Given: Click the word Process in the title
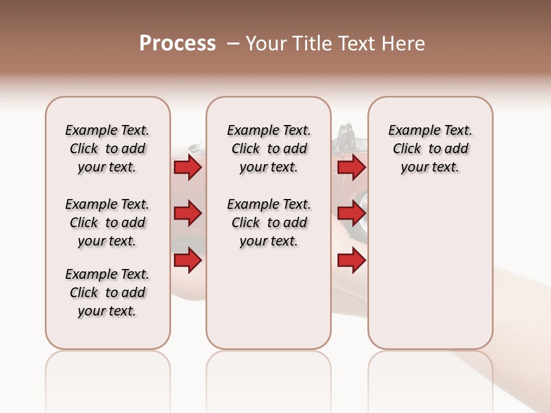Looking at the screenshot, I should tap(177, 44).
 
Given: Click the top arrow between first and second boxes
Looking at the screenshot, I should tap(188, 167).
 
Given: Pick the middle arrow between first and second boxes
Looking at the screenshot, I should tap(188, 214).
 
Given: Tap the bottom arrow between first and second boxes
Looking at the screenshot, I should tap(188, 260).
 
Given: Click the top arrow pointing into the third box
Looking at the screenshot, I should tap(351, 167).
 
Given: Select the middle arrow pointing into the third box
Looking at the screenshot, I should tap(351, 214).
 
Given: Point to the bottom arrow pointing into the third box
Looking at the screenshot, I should tap(351, 260).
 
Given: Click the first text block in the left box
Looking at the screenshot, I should tap(107, 149).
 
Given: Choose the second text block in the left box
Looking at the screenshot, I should tap(107, 223).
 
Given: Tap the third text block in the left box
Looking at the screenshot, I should tap(107, 293).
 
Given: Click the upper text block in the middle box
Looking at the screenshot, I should tap(269, 149).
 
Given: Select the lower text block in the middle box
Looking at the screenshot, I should tap(269, 223).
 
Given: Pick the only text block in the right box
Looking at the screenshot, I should tap(430, 149).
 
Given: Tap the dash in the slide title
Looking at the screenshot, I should tap(233, 44).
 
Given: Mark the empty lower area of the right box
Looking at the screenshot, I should tap(430, 270).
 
